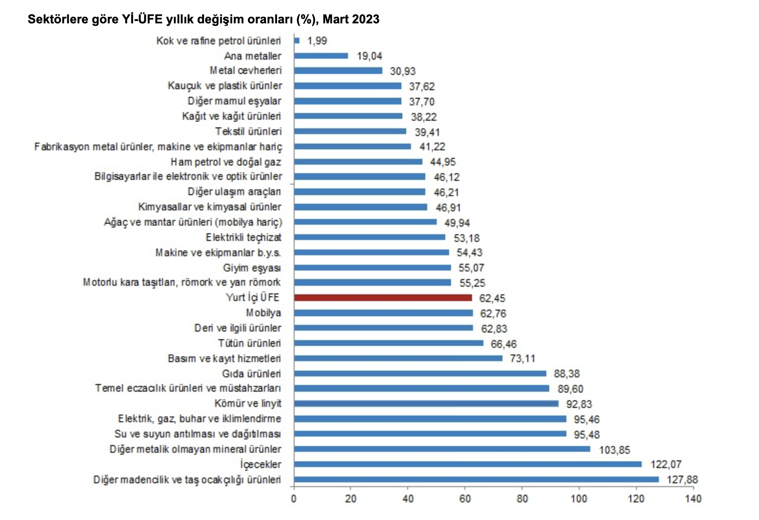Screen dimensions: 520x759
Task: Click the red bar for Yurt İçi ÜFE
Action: pyautogui.click(x=383, y=298)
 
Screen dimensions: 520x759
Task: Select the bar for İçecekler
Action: pyautogui.click(x=468, y=464)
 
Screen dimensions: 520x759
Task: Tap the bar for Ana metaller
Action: pyautogui.click(x=321, y=56)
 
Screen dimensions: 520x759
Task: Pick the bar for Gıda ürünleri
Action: pyautogui.click(x=420, y=374)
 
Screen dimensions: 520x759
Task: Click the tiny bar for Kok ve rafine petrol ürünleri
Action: pyautogui.click(x=297, y=41)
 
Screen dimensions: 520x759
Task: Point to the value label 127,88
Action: pyautogui.click(x=682, y=479)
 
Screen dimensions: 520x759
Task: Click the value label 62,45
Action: pyautogui.click(x=492, y=298)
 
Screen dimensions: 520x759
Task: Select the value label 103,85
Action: pyautogui.click(x=615, y=450)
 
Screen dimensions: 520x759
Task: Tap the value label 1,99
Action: pyautogui.click(x=317, y=41)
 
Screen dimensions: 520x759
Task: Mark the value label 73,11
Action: pyautogui.click(x=523, y=358)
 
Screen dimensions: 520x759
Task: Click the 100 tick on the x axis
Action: pyautogui.click(x=579, y=499)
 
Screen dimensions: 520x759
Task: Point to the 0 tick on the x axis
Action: pyautogui.click(x=294, y=499)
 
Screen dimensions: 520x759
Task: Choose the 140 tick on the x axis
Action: pyautogui.click(x=693, y=499)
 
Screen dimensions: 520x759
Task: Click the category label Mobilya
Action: pyautogui.click(x=263, y=313)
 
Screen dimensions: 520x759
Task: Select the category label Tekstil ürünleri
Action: pyautogui.click(x=248, y=131)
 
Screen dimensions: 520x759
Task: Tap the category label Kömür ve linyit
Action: pyautogui.click(x=247, y=404)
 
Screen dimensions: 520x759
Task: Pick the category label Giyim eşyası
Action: pyautogui.click(x=252, y=268)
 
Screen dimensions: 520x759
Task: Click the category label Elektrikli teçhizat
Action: pyautogui.click(x=243, y=237)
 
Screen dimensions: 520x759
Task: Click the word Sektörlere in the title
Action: pyautogui.click(x=55, y=19)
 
